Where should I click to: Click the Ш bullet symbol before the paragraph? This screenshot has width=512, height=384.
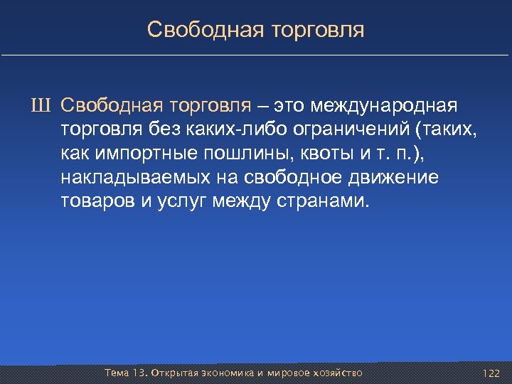[x=46, y=107]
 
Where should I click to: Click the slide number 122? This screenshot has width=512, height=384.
[x=490, y=373]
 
